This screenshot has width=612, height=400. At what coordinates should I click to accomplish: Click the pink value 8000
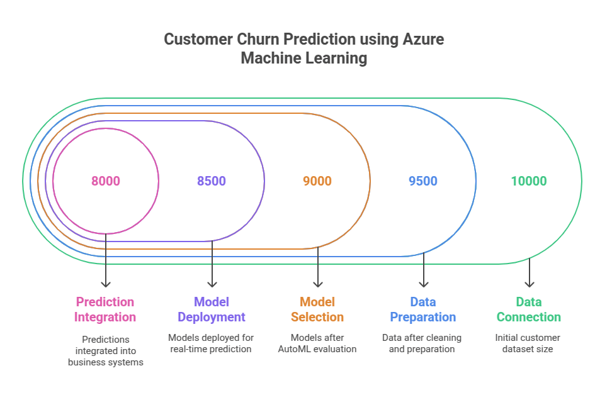click(106, 181)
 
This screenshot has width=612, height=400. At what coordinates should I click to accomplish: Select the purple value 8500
click(212, 181)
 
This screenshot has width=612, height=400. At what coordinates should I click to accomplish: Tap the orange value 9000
click(317, 181)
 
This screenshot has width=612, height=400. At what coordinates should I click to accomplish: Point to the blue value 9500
click(423, 181)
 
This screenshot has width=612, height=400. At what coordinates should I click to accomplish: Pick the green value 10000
click(529, 181)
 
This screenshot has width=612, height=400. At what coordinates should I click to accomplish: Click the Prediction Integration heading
click(106, 309)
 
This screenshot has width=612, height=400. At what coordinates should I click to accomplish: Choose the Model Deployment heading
click(212, 309)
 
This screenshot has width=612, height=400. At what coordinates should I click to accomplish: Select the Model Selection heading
click(317, 309)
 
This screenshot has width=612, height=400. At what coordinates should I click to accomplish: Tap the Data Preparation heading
click(423, 309)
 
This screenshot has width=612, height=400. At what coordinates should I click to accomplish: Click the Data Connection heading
click(529, 309)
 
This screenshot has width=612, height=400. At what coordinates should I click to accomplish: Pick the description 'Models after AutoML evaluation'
click(317, 343)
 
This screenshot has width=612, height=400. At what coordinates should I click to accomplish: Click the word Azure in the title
click(423, 39)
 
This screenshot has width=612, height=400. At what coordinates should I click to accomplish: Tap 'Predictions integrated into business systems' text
click(106, 350)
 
